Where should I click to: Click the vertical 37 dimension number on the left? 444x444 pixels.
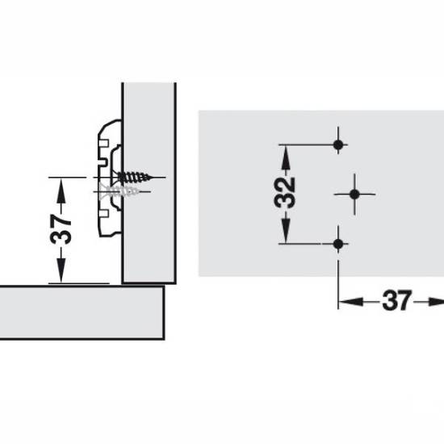[x=61, y=228]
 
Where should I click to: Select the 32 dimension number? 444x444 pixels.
[x=285, y=193]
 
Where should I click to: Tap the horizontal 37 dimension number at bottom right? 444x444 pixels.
[x=396, y=300]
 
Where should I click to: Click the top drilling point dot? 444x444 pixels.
[x=338, y=145]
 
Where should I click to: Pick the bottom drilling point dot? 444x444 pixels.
[x=338, y=244]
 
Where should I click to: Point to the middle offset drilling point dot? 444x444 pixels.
[x=354, y=195]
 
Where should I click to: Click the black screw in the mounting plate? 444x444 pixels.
[x=133, y=178]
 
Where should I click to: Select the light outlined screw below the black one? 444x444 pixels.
[x=119, y=191]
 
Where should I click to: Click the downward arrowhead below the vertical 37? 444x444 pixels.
[x=61, y=270]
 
